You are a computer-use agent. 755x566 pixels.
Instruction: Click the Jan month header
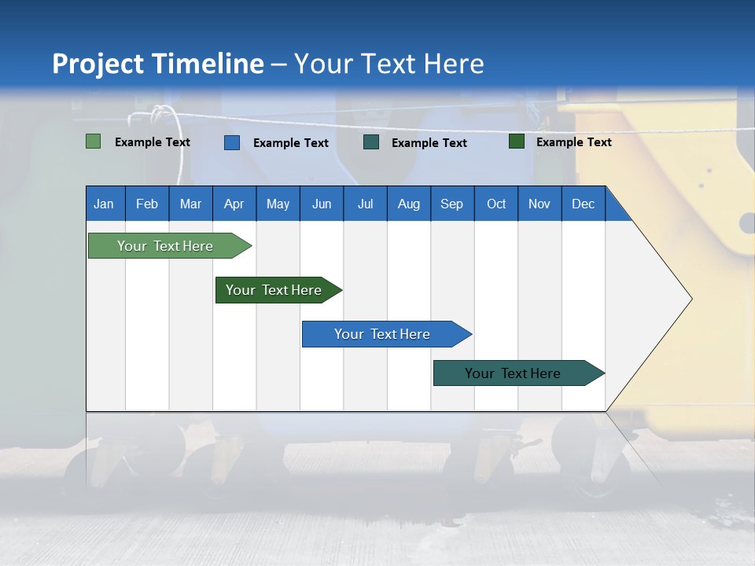pos(104,204)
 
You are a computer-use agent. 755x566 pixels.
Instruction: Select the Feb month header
pos(147,204)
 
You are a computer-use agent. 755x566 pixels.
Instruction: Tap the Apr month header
pos(234,204)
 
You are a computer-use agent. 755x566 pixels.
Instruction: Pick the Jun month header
pos(322,204)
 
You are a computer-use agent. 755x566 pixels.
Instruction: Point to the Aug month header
pos(408,204)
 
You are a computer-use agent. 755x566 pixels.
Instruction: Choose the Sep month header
pos(451,204)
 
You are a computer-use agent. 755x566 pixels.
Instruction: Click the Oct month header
pos(496,204)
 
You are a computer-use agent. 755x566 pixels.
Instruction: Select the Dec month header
pos(583,204)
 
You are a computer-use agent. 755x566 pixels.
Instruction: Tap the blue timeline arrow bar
pos(383,334)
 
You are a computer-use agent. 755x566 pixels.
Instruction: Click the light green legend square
pos(93,141)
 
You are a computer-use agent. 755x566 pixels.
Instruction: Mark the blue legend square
pos(231,142)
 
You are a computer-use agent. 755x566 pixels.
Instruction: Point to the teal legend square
pos(371,142)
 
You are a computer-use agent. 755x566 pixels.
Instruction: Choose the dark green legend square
pos(517,141)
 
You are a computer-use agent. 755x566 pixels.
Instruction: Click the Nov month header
pos(539,204)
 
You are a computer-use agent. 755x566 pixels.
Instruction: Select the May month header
pos(278,204)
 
